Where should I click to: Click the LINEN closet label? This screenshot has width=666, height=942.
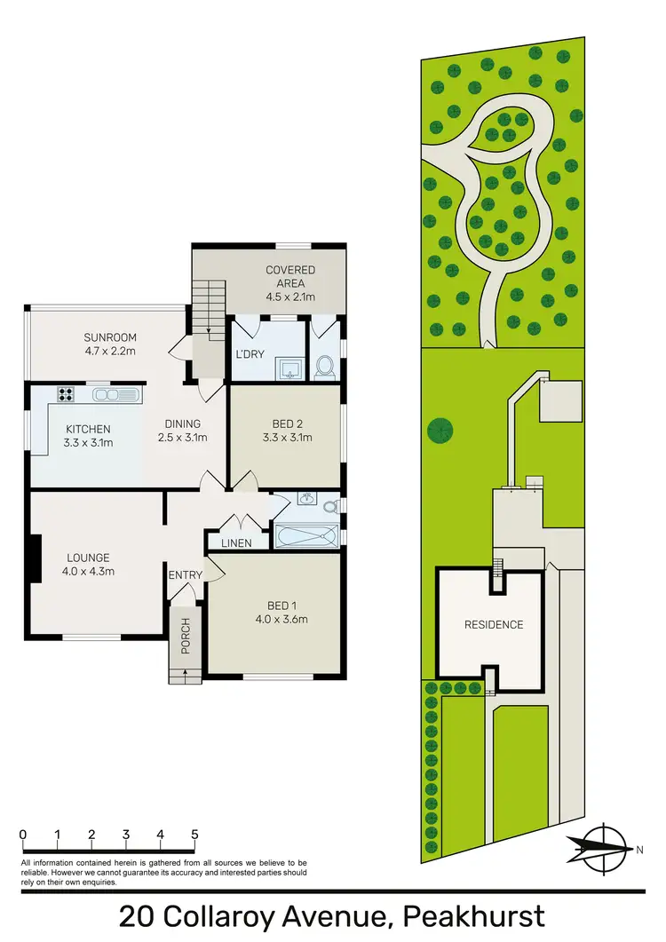[235, 543]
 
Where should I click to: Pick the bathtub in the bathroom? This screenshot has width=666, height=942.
[306, 536]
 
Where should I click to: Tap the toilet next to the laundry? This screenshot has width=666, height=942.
[324, 365]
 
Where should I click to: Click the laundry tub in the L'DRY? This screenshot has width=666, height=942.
[289, 367]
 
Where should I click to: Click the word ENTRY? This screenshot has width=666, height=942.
[186, 575]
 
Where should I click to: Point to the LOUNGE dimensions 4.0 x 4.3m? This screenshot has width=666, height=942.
[88, 571]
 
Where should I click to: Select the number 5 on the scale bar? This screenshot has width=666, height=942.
[194, 835]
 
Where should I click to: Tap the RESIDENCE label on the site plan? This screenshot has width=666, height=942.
[494, 624]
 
